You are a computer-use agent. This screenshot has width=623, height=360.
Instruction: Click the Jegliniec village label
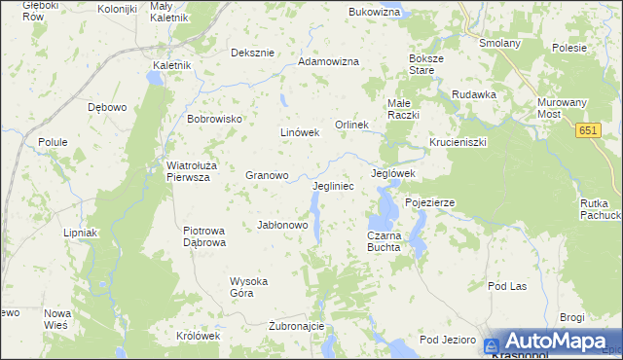point(333,185)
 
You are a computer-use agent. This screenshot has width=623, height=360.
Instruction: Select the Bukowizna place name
point(374,13)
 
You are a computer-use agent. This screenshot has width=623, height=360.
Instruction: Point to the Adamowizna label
point(328,61)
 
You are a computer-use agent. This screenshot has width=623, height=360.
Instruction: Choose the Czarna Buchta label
point(384,241)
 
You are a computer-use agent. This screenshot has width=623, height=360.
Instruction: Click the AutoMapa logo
point(552,342)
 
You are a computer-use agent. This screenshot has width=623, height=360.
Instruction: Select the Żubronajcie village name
point(295,326)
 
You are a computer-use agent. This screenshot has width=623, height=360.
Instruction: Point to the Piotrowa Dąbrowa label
point(204,236)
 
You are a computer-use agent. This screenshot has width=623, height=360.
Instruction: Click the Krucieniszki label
point(457,142)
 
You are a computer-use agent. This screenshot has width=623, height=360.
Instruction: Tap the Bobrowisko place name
point(214,119)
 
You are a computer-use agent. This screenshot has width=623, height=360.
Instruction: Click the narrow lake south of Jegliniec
point(314,206)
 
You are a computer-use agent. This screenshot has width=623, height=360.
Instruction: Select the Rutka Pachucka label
point(600,208)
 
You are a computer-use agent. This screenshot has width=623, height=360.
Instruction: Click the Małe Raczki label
point(403,109)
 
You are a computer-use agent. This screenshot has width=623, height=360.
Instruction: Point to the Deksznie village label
point(251,53)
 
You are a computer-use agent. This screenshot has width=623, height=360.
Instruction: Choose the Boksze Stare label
point(426,65)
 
